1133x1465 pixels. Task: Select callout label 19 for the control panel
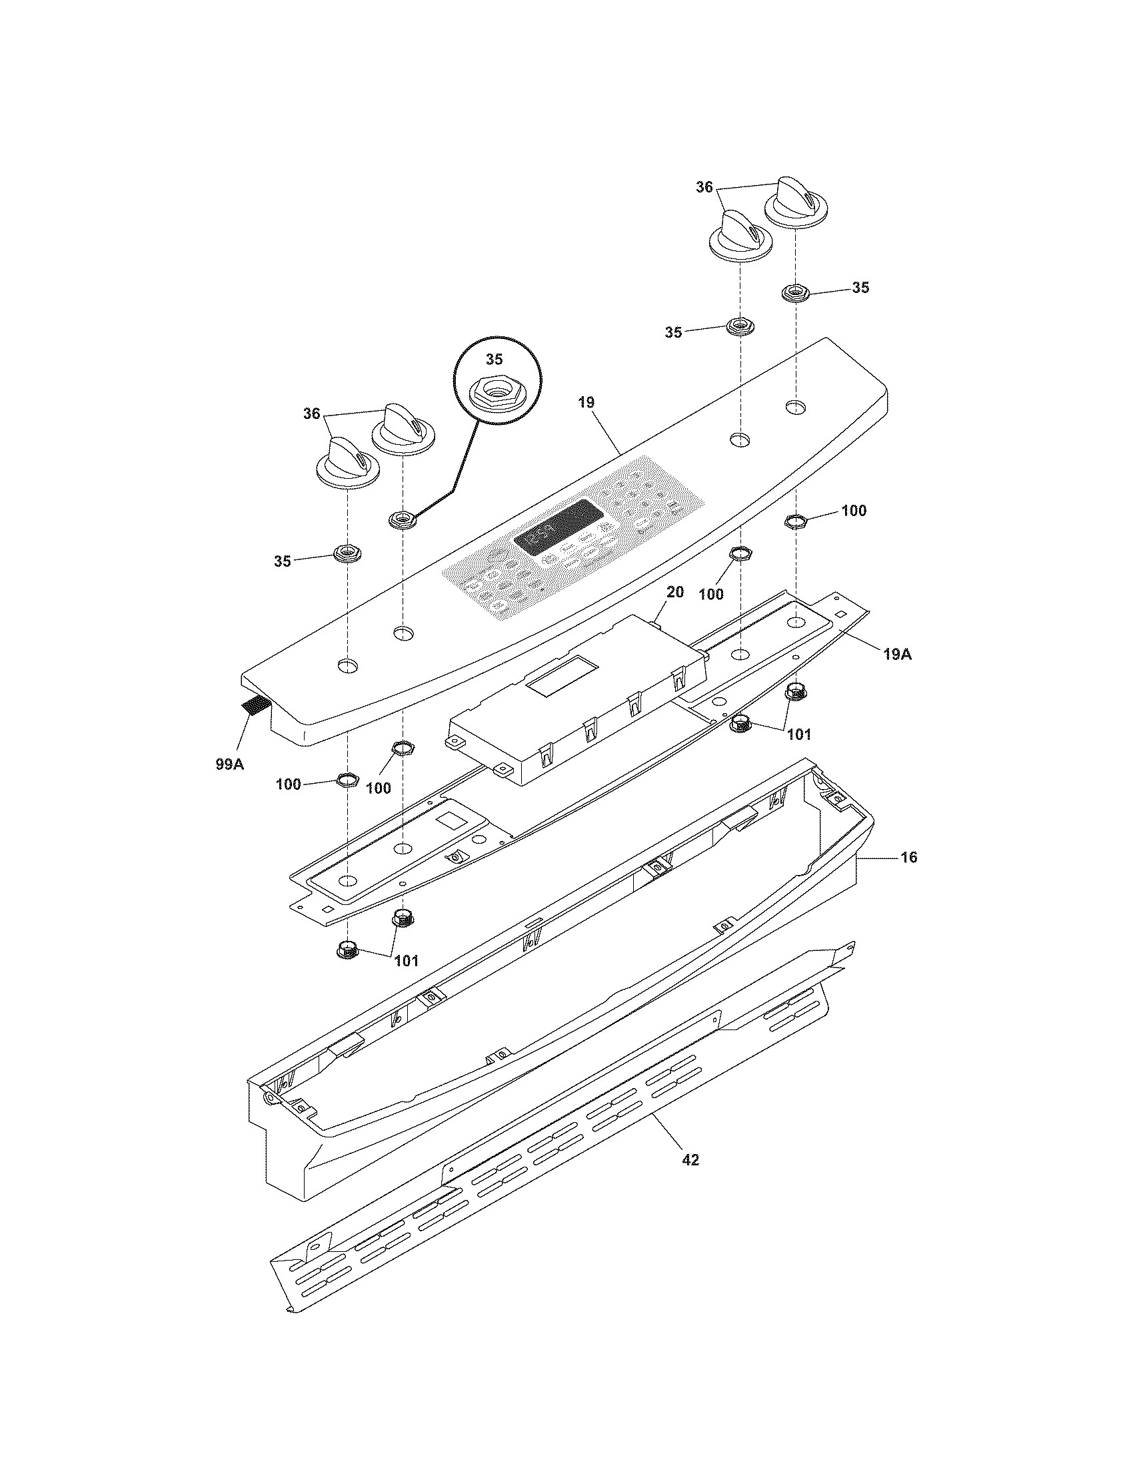coord(586,403)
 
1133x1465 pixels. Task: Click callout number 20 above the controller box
coord(674,591)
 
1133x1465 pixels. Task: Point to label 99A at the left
coord(229,762)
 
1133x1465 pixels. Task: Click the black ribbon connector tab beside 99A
coord(253,705)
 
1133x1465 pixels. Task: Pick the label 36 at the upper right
coord(703,188)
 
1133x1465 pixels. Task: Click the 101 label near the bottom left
coord(407,960)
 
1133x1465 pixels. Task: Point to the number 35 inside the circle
coord(494,360)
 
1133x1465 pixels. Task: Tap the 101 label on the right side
coord(798,734)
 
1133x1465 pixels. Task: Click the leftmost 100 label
coord(289,784)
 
